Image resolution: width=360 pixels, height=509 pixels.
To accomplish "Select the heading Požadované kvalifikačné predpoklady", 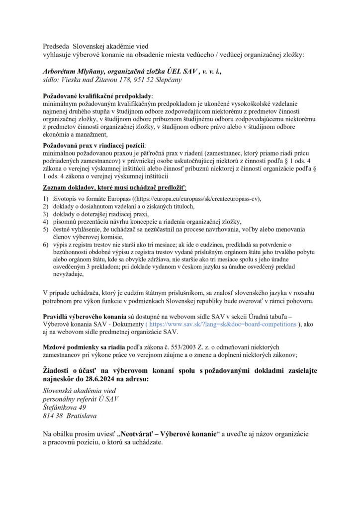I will point(98,95).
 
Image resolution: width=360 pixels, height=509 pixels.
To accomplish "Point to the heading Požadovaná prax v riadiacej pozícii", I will point(93,146).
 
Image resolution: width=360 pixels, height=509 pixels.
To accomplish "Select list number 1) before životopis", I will point(45,198).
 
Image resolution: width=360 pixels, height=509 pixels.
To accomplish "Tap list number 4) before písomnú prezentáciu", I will point(45,221).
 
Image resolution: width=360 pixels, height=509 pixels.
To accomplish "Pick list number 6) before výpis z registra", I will point(45,245).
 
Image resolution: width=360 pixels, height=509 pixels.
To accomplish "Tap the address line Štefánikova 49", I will point(64,407).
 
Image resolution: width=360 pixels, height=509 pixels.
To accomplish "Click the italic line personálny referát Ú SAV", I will point(81,399).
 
